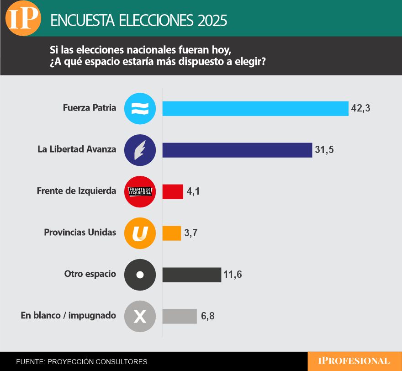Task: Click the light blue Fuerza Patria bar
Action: pyautogui.click(x=255, y=108)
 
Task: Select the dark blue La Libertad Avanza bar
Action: pyautogui.click(x=237, y=150)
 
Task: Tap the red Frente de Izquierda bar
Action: pyautogui.click(x=173, y=191)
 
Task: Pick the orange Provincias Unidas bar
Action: pyautogui.click(x=172, y=233)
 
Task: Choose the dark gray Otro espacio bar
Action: pyautogui.click(x=192, y=275)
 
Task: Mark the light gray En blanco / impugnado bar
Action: pyautogui.click(x=180, y=316)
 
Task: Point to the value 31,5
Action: pyautogui.click(x=324, y=150)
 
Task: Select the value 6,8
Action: pyautogui.click(x=208, y=316)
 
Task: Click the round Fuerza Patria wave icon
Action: pyautogui.click(x=140, y=109)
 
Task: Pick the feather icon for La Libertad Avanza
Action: pyautogui.click(x=140, y=150)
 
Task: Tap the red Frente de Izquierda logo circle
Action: pyautogui.click(x=140, y=191)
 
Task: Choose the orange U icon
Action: pyautogui.click(x=140, y=233)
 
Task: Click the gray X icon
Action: pyautogui.click(x=140, y=316)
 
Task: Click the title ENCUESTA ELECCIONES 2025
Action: pyautogui.click(x=138, y=21)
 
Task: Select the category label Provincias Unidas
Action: pyautogui.click(x=80, y=233)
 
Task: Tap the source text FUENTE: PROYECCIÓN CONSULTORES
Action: pyautogui.click(x=82, y=361)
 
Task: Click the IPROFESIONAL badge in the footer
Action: pyautogui.click(x=354, y=361)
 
